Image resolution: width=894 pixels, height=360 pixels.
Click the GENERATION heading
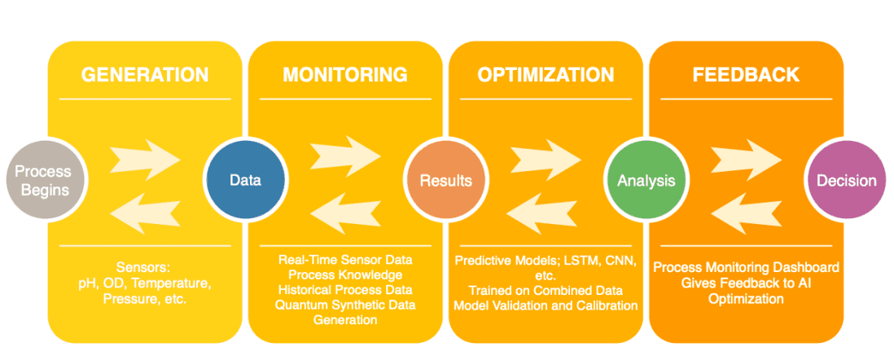click(145, 75)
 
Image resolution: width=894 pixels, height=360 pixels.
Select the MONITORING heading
click(345, 75)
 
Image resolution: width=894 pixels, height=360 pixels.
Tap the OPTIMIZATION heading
click(546, 75)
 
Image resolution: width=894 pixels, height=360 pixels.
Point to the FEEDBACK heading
click(746, 75)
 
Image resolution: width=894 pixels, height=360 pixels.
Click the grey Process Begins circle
click(42, 181)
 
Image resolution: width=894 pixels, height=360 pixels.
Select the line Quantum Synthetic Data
click(345, 305)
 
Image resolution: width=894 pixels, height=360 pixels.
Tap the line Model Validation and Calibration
click(546, 305)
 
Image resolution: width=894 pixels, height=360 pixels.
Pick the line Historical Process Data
click(345, 290)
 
